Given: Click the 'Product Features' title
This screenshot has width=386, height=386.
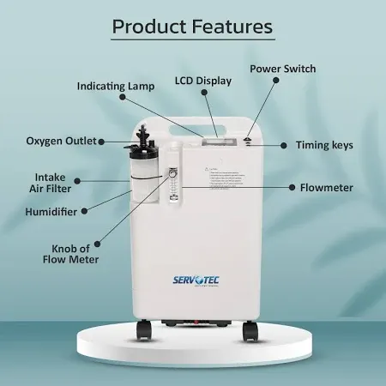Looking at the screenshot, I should click(x=192, y=27).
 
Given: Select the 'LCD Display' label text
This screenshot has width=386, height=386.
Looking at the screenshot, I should click(x=202, y=81).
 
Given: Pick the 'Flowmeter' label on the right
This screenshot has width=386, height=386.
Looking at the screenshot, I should click(x=326, y=186).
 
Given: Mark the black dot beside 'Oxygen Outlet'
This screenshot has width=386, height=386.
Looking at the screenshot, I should click(x=103, y=141).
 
